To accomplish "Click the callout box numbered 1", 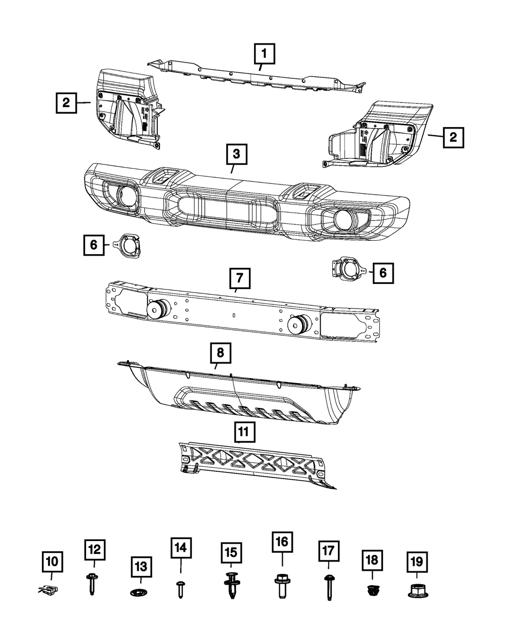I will (x=264, y=53).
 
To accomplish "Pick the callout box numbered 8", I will (x=220, y=353).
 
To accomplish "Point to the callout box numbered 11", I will (x=243, y=431).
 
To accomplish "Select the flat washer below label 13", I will (x=139, y=593).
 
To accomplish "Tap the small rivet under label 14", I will (x=181, y=589).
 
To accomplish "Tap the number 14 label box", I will (x=181, y=549).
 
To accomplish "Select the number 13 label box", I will (x=140, y=566).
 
